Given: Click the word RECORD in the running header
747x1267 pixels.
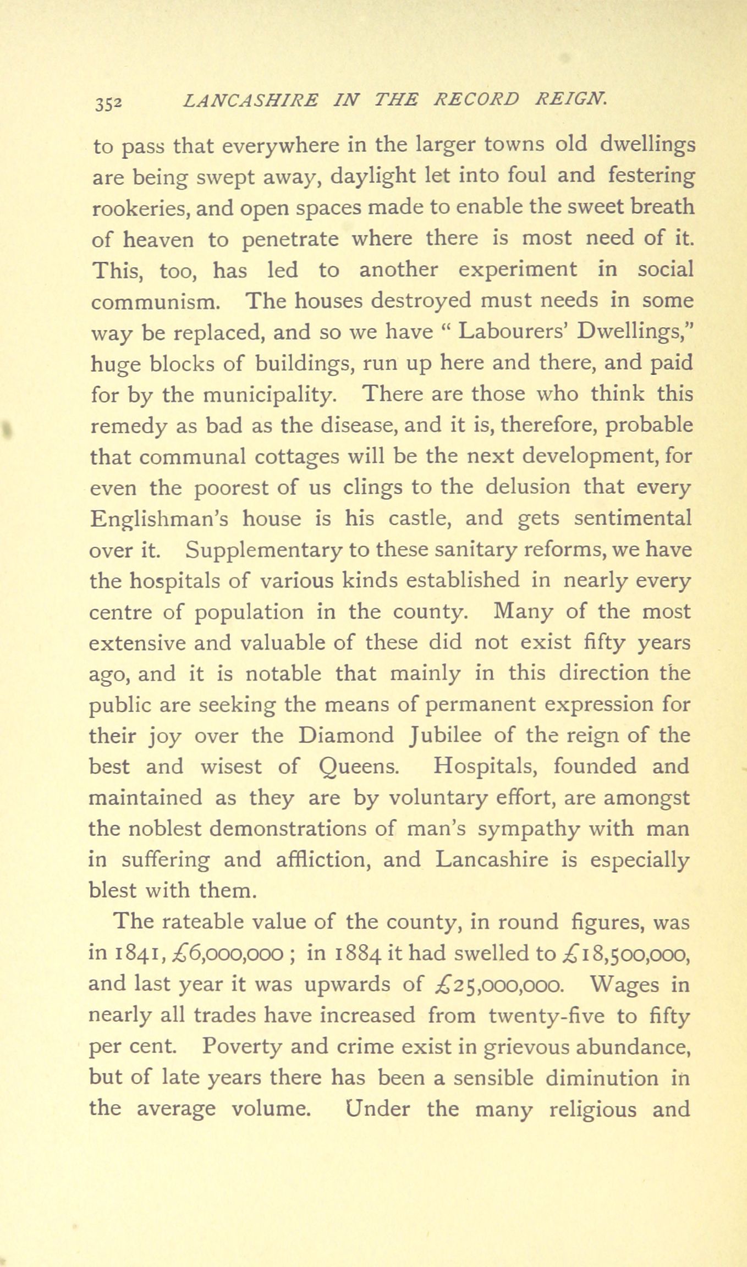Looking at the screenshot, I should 476,100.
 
